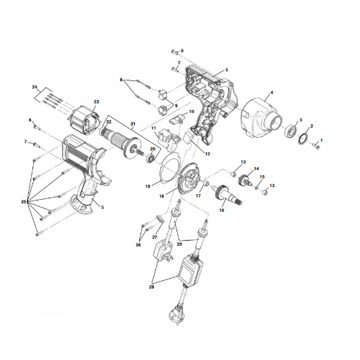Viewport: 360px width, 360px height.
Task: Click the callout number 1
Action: tap(322, 140)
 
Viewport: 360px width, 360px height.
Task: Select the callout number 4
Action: tap(272, 92)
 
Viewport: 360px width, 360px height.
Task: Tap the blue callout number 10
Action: tap(190, 112)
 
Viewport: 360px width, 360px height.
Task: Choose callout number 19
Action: tap(148, 186)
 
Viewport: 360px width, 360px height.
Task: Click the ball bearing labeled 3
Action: tap(291, 131)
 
